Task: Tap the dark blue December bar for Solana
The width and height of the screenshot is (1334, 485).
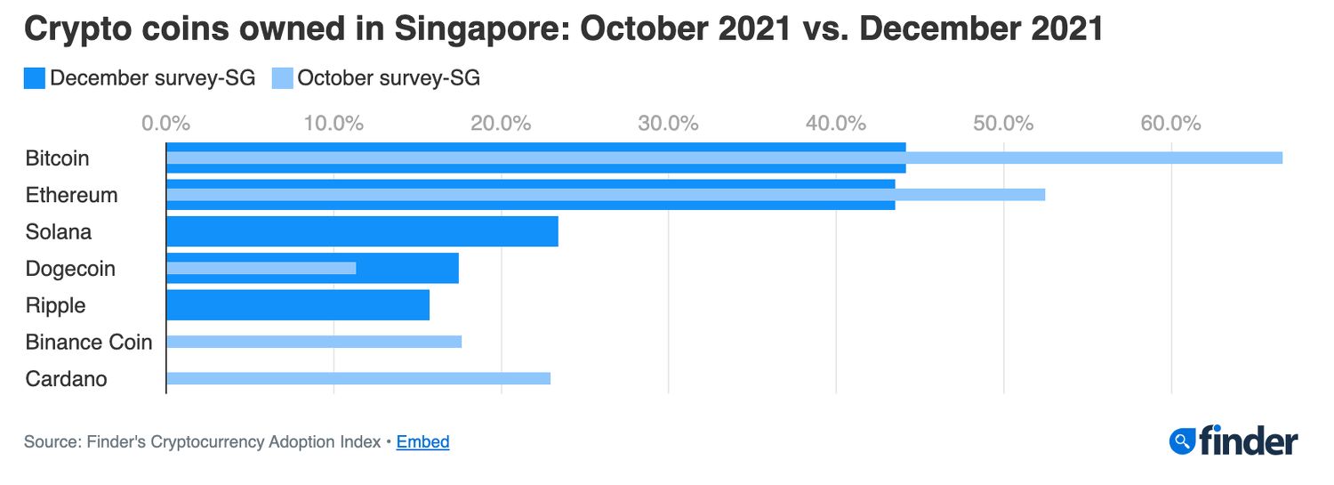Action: (x=362, y=231)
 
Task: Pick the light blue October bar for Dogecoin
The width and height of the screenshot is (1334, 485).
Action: (x=261, y=268)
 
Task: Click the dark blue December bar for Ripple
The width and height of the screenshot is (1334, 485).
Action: (x=298, y=305)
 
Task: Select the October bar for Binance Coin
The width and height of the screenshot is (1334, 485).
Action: (x=314, y=342)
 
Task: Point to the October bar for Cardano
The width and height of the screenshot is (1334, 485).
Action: (x=358, y=378)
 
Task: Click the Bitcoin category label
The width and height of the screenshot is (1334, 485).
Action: (x=58, y=158)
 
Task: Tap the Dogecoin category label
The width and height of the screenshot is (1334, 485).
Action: (x=70, y=269)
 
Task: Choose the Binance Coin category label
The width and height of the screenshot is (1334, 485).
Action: (x=89, y=343)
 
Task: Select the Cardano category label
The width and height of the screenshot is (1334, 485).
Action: (x=67, y=379)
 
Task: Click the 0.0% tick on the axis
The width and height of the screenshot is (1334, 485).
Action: (x=165, y=123)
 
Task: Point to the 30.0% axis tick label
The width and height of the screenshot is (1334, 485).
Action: (x=668, y=123)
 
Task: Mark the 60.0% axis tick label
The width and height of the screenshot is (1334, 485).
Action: (x=1170, y=123)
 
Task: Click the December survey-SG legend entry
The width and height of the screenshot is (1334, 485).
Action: (x=140, y=78)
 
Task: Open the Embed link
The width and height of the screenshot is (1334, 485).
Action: (x=422, y=442)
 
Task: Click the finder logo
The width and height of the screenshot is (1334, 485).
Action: (x=1234, y=441)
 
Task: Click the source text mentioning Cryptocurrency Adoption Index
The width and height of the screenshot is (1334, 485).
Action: (x=202, y=442)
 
